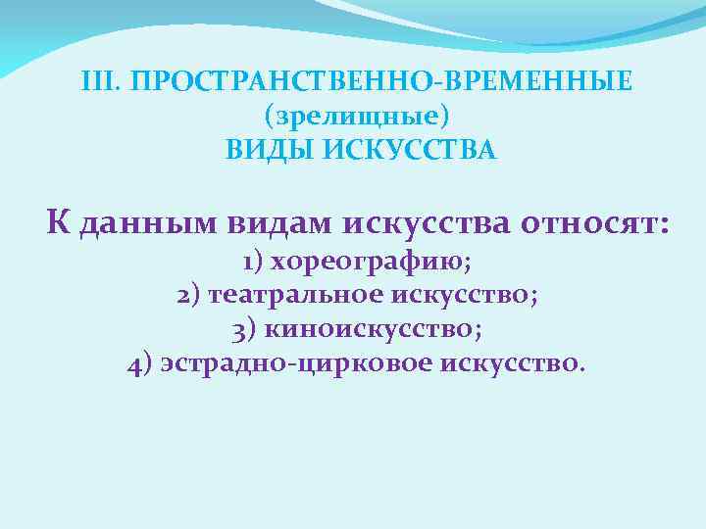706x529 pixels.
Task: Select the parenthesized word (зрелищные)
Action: point(357,116)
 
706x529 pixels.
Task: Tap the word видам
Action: point(281,222)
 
